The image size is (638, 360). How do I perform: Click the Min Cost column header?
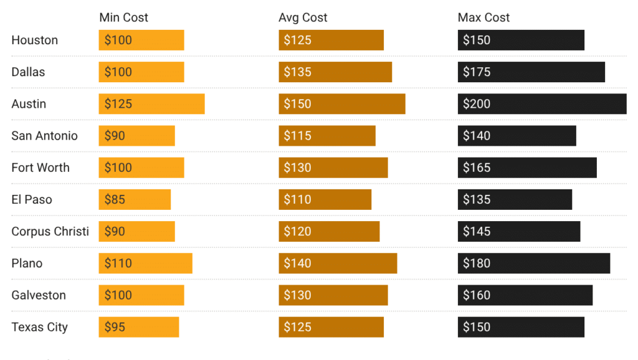[124, 17]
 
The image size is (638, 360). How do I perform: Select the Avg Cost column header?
[303, 17]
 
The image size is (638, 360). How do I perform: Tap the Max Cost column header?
[483, 17]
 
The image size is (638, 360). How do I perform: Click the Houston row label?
[35, 40]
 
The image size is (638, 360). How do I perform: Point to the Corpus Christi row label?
[50, 232]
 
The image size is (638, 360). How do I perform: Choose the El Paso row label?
[32, 200]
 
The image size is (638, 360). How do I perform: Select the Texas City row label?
[40, 327]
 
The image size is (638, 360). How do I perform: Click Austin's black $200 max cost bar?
[542, 104]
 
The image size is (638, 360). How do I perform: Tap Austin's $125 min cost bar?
[151, 104]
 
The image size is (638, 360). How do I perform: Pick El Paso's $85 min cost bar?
[135, 200]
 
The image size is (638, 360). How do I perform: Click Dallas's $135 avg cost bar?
[335, 72]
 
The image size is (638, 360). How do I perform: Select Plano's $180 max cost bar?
[534, 263]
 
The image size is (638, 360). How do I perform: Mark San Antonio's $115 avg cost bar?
[327, 136]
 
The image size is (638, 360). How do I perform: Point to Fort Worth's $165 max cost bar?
[527, 168]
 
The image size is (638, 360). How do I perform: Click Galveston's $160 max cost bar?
[525, 295]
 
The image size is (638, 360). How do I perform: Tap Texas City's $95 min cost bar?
[139, 327]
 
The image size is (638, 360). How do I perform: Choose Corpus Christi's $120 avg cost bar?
[329, 232]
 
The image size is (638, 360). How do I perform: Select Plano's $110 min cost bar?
[145, 263]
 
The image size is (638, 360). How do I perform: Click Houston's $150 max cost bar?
[521, 40]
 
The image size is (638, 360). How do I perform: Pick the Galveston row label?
[39, 295]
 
